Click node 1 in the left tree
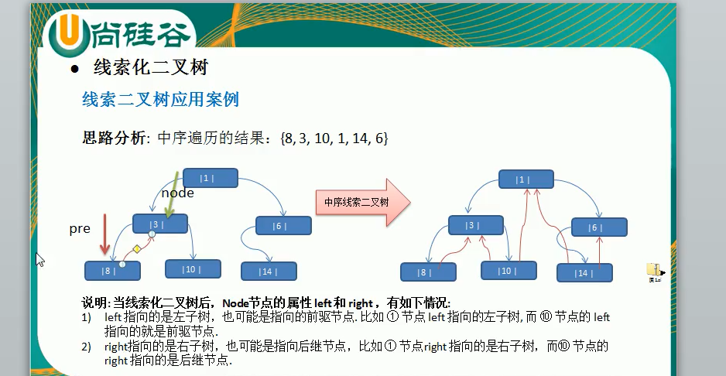click(x=210, y=178)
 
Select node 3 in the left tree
click(x=160, y=224)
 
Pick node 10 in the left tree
click(x=193, y=269)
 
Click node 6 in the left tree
click(x=283, y=226)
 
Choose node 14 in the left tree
click(x=269, y=271)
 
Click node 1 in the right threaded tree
click(x=526, y=179)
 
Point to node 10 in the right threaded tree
click(x=509, y=271)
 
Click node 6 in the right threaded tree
click(x=599, y=227)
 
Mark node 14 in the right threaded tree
click(x=584, y=273)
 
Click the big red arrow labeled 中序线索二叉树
click(x=361, y=202)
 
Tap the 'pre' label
click(x=80, y=229)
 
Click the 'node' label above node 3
click(x=177, y=193)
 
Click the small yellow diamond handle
click(x=136, y=249)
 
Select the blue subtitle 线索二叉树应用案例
click(x=160, y=100)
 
